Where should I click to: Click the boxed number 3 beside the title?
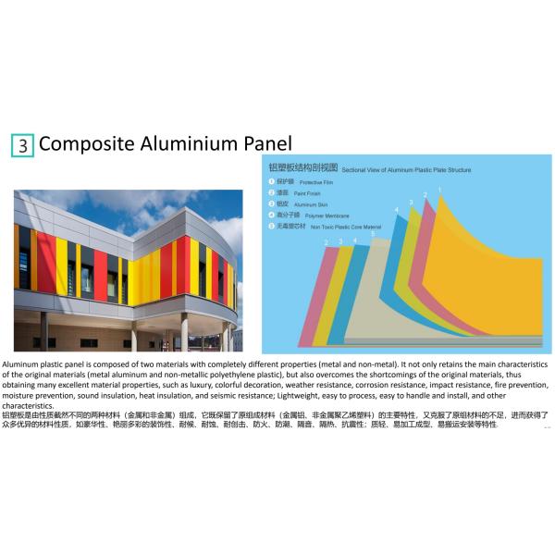point(23,145)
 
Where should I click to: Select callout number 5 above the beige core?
point(373,235)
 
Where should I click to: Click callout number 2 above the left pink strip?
point(326,242)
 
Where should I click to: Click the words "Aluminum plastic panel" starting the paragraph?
point(42,364)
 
